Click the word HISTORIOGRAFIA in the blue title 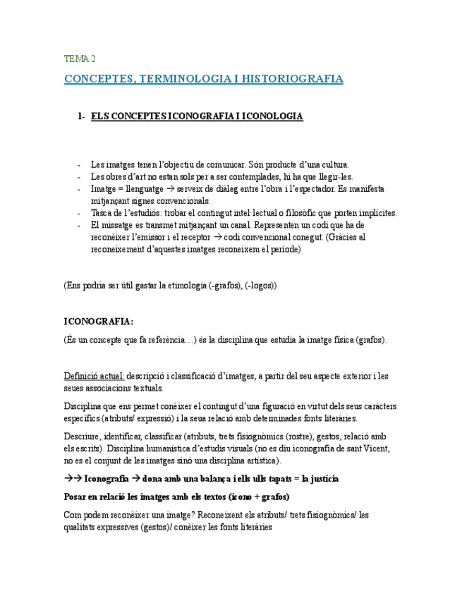pos(292,79)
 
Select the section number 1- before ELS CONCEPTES pos(82,116)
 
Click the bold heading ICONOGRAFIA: pos(98,322)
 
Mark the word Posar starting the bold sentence pos(75,496)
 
